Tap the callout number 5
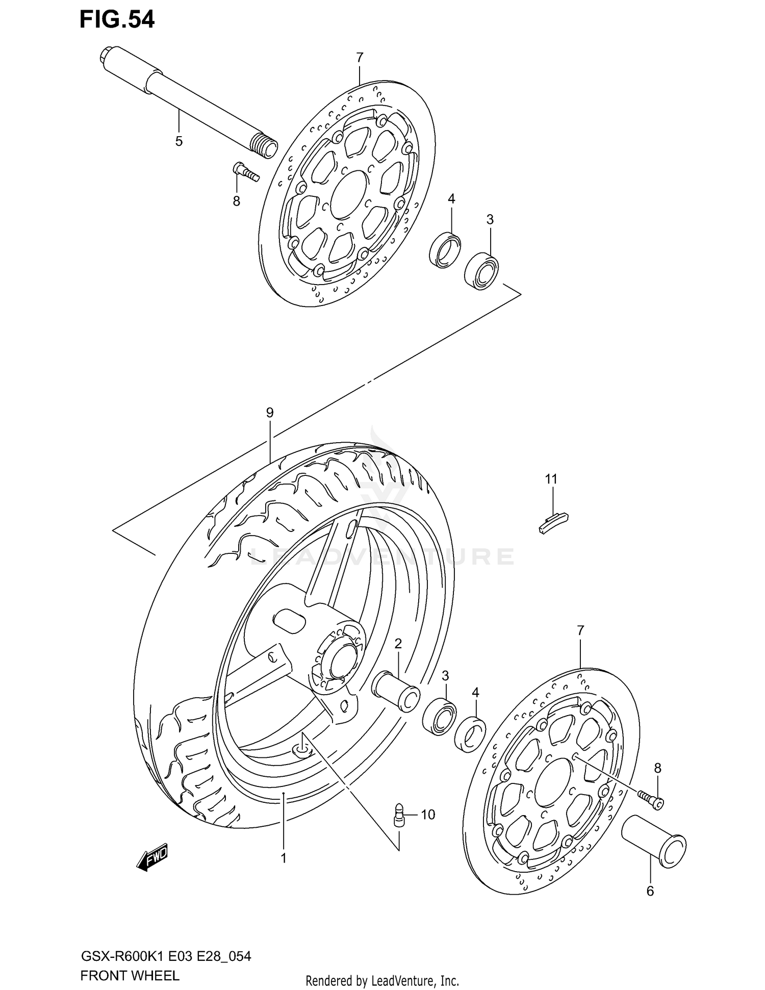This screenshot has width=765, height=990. point(179,141)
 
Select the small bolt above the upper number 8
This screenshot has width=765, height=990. point(246,171)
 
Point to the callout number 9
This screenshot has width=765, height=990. point(270,412)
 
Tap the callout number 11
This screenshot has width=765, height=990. point(551,479)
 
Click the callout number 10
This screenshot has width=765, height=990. point(428,815)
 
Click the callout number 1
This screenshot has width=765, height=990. point(284,858)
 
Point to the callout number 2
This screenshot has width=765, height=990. point(398,643)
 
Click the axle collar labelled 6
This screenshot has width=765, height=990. point(653,844)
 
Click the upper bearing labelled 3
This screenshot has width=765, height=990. point(481,270)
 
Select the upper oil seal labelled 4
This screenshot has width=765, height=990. point(445,249)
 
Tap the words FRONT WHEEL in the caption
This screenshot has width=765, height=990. point(130,975)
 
